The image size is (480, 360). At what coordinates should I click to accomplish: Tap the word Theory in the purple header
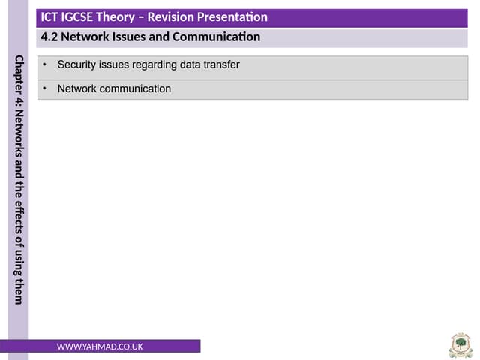pyautogui.click(x=127, y=17)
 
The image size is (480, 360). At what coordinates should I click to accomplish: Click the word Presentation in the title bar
pyautogui.click(x=238, y=17)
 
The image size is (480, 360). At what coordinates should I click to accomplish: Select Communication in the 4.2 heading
pyautogui.click(x=218, y=37)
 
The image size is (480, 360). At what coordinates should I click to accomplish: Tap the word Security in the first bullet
pyautogui.click(x=77, y=65)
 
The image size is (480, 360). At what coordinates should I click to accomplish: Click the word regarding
pyautogui.click(x=153, y=65)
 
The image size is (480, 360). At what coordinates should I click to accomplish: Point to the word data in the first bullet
pyautogui.click(x=190, y=65)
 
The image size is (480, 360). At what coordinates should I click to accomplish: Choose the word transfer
pyautogui.click(x=223, y=65)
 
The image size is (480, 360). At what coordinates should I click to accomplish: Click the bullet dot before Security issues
pyautogui.click(x=44, y=65)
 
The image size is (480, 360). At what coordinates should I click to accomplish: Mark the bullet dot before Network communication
pyautogui.click(x=44, y=88)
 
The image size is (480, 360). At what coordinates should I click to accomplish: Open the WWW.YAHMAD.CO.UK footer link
pyautogui.click(x=100, y=346)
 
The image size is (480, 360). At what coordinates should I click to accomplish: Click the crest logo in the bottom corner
pyautogui.click(x=460, y=345)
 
